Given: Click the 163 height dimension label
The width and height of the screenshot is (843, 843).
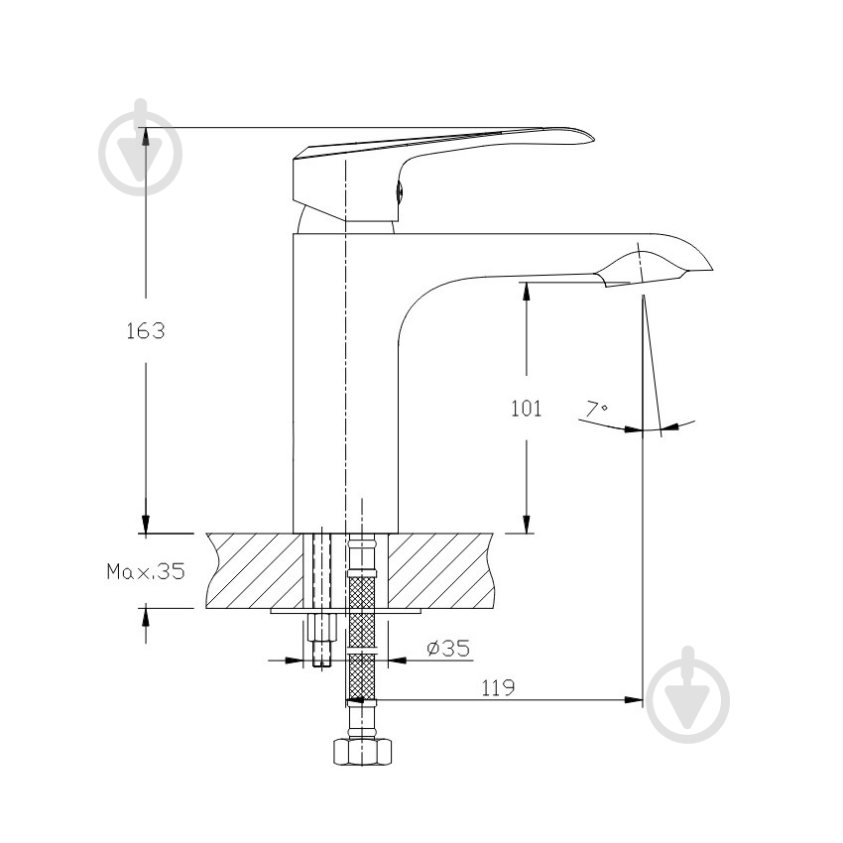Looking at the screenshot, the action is [x=145, y=330].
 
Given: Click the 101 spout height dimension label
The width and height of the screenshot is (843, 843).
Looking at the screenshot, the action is [x=526, y=408].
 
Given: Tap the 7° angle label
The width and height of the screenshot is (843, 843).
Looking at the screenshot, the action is [x=596, y=409].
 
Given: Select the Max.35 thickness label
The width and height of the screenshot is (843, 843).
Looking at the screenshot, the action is [x=146, y=571].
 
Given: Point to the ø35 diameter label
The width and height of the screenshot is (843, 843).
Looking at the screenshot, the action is [x=448, y=648].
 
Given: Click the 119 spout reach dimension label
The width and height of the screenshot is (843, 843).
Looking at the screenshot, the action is [x=497, y=687].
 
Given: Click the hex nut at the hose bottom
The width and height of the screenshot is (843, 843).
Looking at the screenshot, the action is [x=362, y=752].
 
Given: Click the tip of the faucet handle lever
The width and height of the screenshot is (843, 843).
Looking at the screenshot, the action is [x=593, y=138].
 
